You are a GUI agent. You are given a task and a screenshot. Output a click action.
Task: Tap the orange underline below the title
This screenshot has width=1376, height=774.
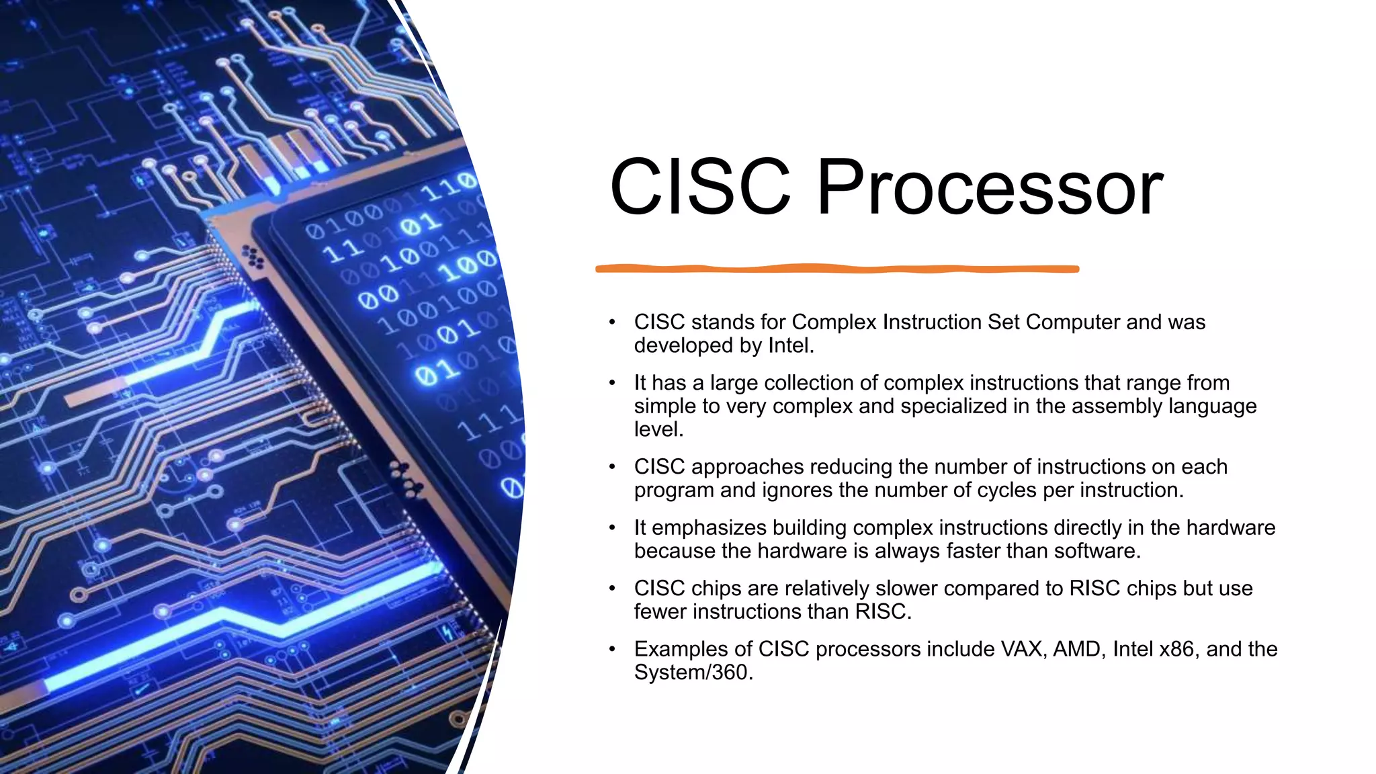click(837, 269)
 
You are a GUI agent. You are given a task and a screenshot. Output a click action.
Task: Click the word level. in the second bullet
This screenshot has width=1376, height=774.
click(658, 429)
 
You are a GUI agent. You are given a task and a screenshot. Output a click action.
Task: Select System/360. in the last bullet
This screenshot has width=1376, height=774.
click(693, 673)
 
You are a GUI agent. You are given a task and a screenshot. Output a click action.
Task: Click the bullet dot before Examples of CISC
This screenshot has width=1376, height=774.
click(612, 649)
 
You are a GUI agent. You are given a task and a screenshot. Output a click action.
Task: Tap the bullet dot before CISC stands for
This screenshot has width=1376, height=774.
click(612, 322)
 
